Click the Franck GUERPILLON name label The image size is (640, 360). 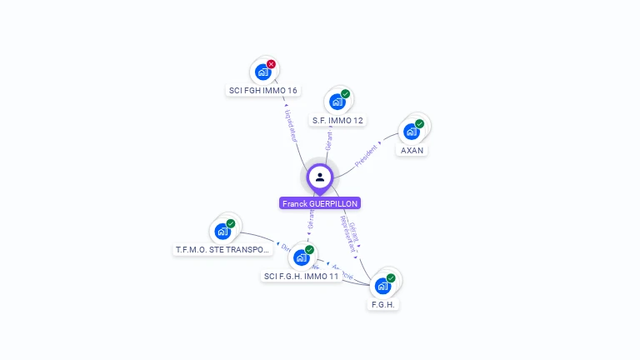click(320, 203)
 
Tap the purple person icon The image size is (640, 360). click(320, 177)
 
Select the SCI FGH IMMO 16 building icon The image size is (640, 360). click(262, 72)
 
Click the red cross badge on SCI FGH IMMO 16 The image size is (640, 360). click(271, 64)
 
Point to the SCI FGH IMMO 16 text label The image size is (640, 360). click(262, 90)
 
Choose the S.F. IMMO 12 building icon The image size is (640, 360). click(337, 102)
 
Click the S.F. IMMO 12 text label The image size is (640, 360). click(337, 120)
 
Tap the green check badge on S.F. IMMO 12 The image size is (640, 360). click(346, 94)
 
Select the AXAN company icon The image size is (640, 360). click(411, 131)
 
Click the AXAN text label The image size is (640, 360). click(412, 151)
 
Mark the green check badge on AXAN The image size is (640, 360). click(419, 123)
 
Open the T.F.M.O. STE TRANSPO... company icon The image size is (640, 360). click(222, 231)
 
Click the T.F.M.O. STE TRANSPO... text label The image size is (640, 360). click(223, 249)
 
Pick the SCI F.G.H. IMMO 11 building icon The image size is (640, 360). click(302, 257)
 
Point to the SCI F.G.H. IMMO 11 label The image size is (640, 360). click(302, 276)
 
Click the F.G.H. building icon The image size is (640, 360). click(382, 286)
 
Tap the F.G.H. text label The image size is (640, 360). click(383, 304)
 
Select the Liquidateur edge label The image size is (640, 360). click(292, 123)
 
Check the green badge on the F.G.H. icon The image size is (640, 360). click(391, 278)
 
